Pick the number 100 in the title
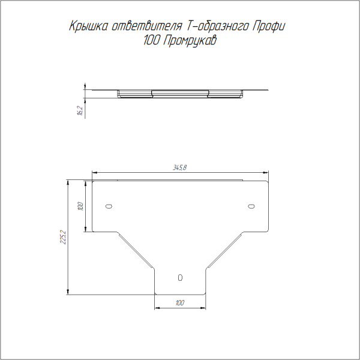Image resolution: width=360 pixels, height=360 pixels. click(152, 42)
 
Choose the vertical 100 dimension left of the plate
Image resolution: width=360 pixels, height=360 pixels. click(80, 206)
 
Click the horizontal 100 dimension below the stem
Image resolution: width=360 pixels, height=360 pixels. click(179, 303)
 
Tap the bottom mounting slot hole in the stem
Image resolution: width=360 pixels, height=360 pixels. click(180, 278)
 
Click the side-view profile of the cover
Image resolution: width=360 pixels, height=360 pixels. click(180, 93)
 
